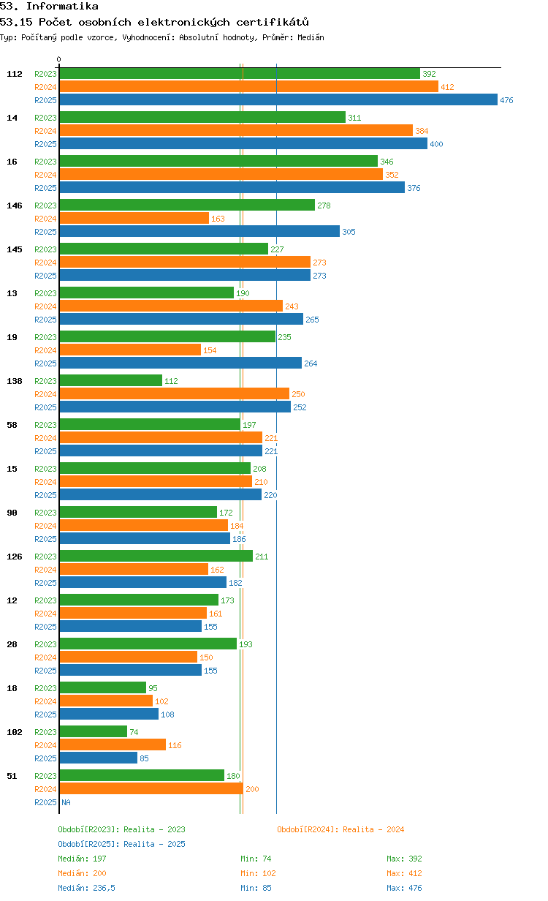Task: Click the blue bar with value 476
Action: pos(278,99)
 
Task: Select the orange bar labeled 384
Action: pos(236,131)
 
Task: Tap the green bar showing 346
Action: pos(218,162)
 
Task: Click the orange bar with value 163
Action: pos(134,219)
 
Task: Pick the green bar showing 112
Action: pos(111,380)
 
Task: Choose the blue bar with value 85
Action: pos(99,758)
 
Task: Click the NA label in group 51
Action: pos(66,802)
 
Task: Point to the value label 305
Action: pos(349,232)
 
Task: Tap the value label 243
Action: pos(292,306)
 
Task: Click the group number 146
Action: pos(15,206)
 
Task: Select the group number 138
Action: pos(15,381)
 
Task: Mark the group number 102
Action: pos(15,732)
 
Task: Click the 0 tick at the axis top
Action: pos(59,59)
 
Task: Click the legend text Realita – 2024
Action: pos(373,829)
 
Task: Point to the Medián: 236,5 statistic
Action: pos(86,888)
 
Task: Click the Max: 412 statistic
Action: pos(404,873)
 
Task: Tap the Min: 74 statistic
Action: pos(256,859)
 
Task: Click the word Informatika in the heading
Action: pos(62,6)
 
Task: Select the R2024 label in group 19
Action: pos(45,350)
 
